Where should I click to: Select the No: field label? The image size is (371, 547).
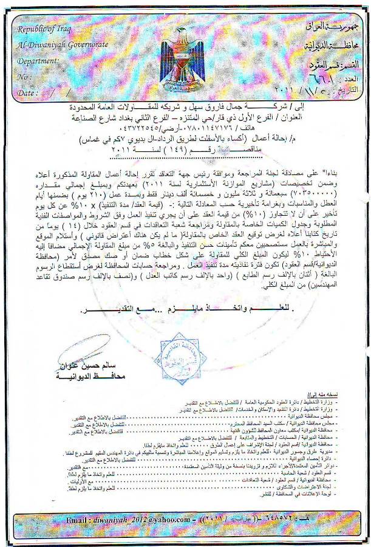coord(26,77)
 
